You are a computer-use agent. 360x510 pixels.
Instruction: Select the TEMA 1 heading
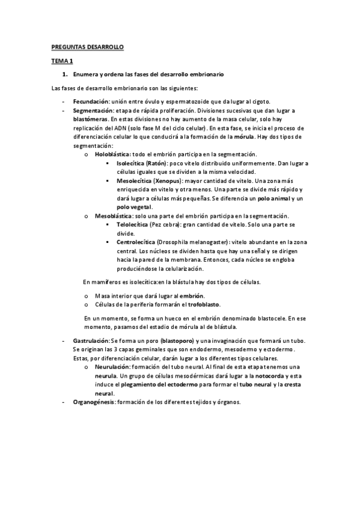(x=60, y=61)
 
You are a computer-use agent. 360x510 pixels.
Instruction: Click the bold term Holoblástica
(x=112, y=155)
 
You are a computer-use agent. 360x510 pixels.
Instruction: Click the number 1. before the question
(x=65, y=74)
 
